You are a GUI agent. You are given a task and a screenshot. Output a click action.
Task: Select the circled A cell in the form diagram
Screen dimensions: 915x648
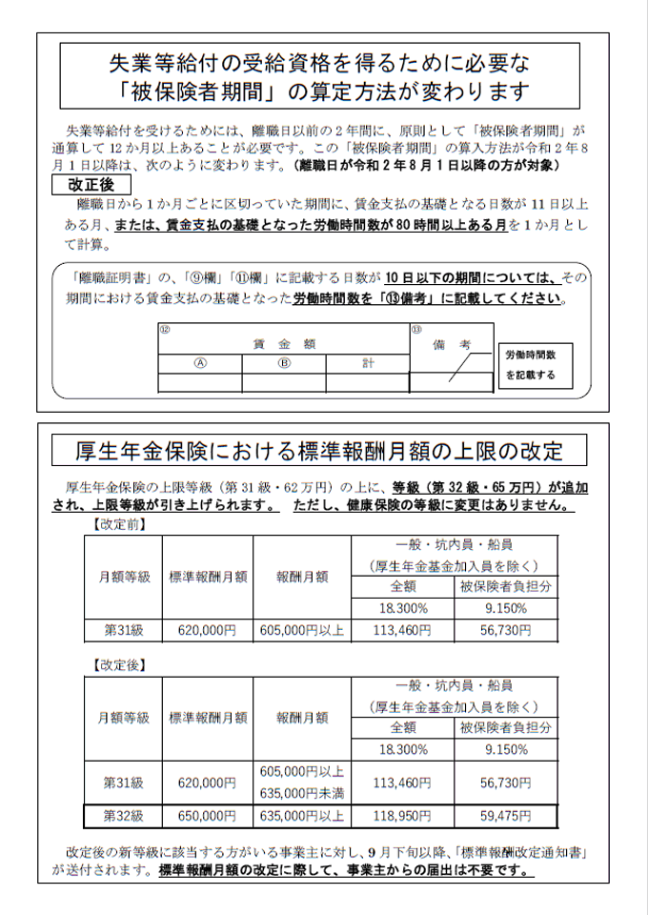pos(200,363)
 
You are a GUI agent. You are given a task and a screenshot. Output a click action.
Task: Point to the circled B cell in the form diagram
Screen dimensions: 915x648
pos(283,363)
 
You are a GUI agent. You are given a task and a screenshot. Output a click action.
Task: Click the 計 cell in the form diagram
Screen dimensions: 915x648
pos(367,363)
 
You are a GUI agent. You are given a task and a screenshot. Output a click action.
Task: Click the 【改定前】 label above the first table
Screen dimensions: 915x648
pos(119,524)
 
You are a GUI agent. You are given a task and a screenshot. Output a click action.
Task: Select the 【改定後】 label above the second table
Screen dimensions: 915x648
pos(119,661)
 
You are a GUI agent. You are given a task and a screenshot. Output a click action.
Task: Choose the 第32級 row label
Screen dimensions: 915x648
pos(123,817)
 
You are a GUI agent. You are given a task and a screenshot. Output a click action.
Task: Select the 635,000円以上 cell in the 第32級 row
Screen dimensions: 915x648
pos(301,817)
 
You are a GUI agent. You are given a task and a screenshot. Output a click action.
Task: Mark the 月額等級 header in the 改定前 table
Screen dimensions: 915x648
pos(123,577)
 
